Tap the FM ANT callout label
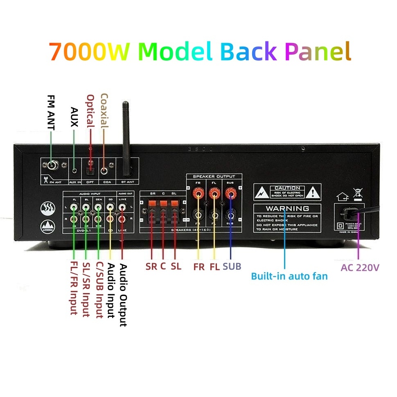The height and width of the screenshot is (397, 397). pos(51,113)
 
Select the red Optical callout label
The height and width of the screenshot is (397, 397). pos(90,111)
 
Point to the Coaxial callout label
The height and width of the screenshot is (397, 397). pos(104,111)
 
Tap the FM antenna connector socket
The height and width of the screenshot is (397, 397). pos(52,165)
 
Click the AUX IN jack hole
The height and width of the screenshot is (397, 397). pos(74,171)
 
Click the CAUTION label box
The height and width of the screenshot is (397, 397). pos(287,191)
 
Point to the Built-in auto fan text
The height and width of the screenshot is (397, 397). pos(289,276)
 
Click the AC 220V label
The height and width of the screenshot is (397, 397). pos(360,268)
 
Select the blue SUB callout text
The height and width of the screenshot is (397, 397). pos(232,266)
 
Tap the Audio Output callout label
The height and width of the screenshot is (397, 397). pos(123,295)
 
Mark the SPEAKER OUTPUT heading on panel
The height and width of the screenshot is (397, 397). pos(214,176)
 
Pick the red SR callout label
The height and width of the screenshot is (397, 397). pos(151,266)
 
